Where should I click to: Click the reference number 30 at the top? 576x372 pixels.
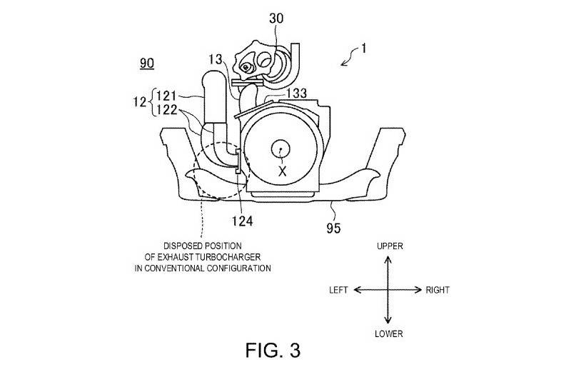pos(276,19)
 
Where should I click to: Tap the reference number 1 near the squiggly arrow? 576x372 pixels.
pos(363,48)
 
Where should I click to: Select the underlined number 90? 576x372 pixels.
pos(147,64)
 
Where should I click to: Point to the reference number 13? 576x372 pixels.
pos(216,59)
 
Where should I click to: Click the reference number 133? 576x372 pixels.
pos(296,94)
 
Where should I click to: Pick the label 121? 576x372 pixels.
pos(167,96)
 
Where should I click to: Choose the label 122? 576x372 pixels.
pos(167,110)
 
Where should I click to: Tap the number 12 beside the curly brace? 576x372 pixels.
pos(140,102)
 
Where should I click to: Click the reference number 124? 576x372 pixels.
pos(242,221)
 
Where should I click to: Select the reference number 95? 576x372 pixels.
pos(333,228)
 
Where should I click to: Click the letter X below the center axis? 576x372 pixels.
pos(282,171)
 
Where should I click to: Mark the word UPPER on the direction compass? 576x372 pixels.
pos(390,246)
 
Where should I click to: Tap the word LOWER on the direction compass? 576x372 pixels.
pos(389,333)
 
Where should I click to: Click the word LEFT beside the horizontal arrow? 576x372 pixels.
pos(338,290)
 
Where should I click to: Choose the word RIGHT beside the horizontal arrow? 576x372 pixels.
pos(438,290)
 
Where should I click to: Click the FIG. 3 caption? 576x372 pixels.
pos(273,351)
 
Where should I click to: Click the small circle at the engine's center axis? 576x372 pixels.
pos(281,150)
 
